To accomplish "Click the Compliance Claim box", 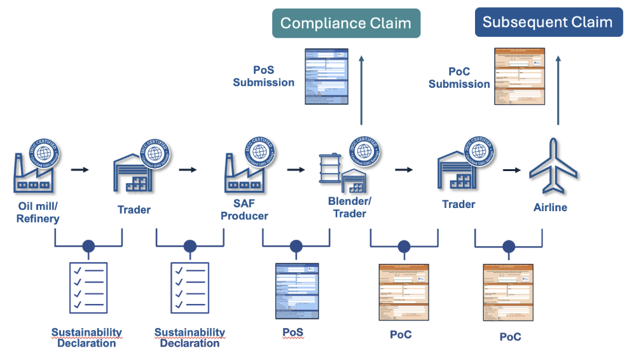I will pos(346,24).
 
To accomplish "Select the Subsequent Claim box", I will pos(548,22).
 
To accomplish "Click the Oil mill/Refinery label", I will pos(38,212).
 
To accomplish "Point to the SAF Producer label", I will pos(244,209).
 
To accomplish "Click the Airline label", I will pos(550,207).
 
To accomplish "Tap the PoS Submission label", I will pos(263,76).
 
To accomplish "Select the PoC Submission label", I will pos(459,78).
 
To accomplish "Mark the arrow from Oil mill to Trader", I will pos(79,170).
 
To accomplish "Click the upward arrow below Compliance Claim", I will pos(361,89).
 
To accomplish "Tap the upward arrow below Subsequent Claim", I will pos(558,89).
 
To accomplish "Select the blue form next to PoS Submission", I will pos(326,77).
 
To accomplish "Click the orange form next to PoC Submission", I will pos(520,76).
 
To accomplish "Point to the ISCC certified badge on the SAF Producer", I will pos(258,151).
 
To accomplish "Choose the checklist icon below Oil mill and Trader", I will pos(88,287).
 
